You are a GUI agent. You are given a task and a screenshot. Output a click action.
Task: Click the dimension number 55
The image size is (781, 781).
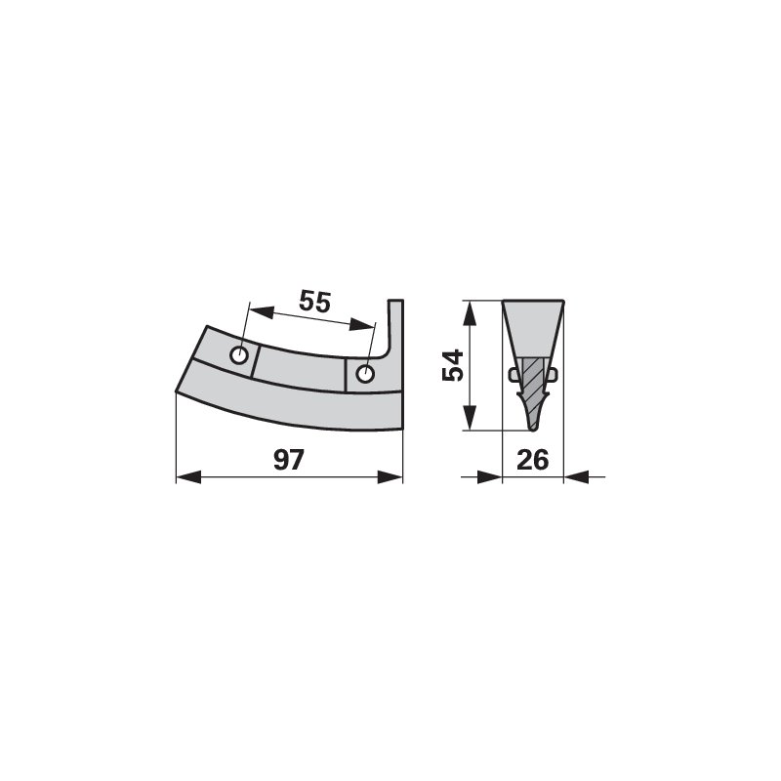[x=314, y=302]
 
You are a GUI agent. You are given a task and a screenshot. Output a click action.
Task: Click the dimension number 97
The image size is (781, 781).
[x=288, y=460]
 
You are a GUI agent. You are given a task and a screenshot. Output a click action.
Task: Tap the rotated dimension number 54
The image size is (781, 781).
[x=453, y=365]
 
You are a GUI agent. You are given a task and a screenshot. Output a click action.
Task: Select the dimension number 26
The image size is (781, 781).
[x=532, y=460]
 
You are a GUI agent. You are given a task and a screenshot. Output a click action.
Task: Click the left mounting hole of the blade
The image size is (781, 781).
[x=239, y=355]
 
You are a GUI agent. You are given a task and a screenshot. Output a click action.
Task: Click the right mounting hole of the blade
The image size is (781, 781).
[x=365, y=374]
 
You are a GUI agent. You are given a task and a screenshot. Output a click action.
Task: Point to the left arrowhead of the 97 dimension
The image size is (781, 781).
[x=188, y=477]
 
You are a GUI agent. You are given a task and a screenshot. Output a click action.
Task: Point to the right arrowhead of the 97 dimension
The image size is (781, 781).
[x=390, y=477]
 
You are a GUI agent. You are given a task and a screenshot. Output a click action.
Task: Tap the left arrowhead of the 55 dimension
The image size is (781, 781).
[x=262, y=312]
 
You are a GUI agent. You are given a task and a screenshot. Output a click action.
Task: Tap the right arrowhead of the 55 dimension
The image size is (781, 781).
[x=361, y=325]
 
